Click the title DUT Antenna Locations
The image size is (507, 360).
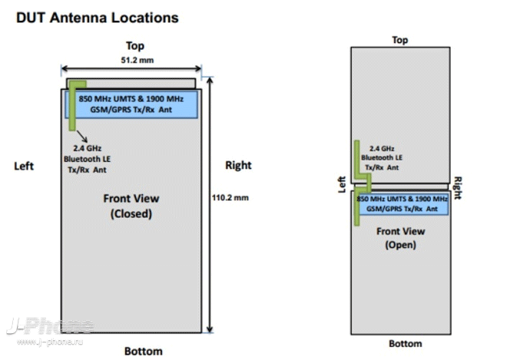click(98, 18)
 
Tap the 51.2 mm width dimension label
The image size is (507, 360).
click(138, 60)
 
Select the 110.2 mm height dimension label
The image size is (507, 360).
click(230, 197)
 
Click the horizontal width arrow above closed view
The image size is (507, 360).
click(131, 68)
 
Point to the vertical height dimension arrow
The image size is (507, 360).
click(210, 205)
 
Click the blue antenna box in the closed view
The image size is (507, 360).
click(131, 104)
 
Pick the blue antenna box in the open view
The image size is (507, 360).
click(402, 203)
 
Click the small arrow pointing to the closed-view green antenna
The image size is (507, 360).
click(81, 136)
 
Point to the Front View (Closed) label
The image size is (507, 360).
click(131, 206)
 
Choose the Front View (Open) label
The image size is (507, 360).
click(401, 238)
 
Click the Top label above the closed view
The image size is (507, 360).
click(135, 46)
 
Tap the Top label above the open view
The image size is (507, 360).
click(400, 40)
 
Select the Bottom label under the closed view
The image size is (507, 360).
click(144, 351)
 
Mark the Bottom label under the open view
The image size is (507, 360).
click(406, 344)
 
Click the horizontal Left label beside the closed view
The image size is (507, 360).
click(24, 166)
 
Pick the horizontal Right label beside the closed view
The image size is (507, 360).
click(238, 165)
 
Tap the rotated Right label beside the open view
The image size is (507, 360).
click(458, 188)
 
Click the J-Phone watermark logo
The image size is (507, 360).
click(50, 325)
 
